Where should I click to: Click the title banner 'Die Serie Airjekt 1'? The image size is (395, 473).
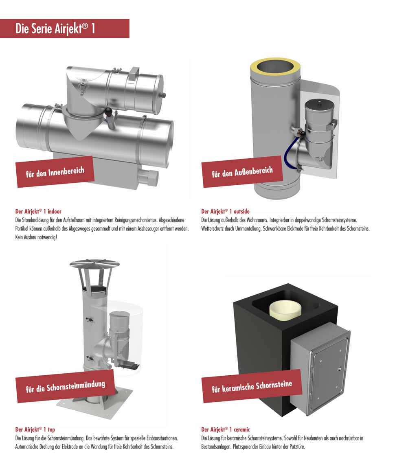[x=65, y=28]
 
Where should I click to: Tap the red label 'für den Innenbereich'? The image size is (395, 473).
[x=55, y=172]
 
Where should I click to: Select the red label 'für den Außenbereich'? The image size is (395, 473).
[x=242, y=172]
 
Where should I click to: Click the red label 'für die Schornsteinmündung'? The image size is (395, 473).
[x=65, y=386]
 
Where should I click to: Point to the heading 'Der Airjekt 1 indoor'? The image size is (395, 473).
[x=38, y=211]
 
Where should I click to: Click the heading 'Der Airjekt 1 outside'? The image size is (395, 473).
[x=226, y=211]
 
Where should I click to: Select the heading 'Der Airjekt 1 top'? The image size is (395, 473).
[x=35, y=429]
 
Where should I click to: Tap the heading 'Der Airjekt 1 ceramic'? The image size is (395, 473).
[x=226, y=429]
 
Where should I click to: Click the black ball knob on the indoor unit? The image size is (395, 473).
[x=108, y=112]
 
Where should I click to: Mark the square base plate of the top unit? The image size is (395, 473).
[x=94, y=406]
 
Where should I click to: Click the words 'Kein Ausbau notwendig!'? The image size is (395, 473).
[x=36, y=237]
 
